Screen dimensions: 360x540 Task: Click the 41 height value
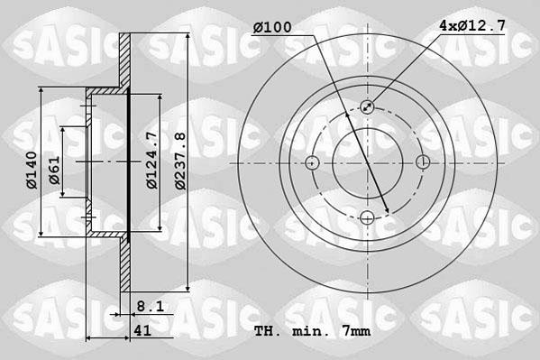(x=142, y=331)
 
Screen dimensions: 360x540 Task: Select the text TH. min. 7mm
(x=312, y=332)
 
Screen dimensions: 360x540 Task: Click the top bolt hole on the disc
(x=368, y=107)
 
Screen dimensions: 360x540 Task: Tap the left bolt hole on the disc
(x=312, y=163)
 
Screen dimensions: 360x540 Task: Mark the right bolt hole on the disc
(x=424, y=162)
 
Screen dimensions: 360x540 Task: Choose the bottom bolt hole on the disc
(x=368, y=218)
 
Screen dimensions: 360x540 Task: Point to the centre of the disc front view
(x=368, y=163)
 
